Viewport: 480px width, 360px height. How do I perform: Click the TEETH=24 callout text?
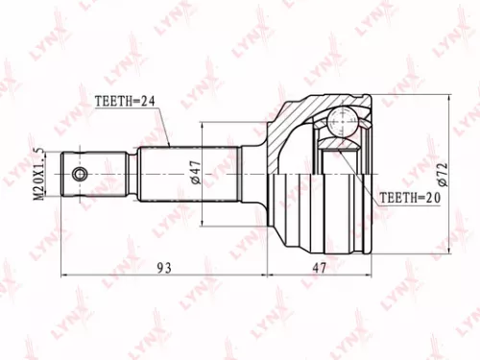point(126,99)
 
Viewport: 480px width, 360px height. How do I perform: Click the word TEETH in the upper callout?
point(113,99)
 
